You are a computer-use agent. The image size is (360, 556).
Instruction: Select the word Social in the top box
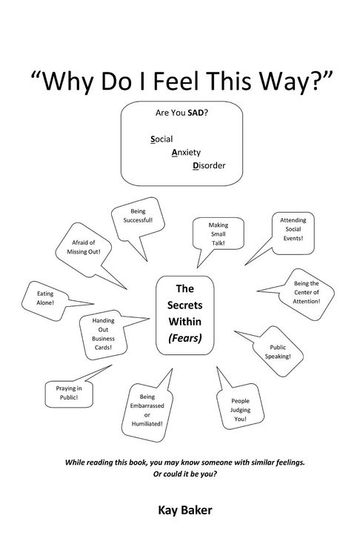(161, 139)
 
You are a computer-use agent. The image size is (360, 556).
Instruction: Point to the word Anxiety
(186, 153)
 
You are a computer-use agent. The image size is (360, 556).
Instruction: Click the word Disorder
(209, 165)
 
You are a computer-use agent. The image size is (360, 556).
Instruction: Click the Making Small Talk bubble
(219, 234)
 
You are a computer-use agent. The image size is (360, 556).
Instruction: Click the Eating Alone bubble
(45, 299)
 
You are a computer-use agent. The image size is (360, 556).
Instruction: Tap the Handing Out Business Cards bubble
(103, 334)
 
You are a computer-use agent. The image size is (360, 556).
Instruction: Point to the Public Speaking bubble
(278, 351)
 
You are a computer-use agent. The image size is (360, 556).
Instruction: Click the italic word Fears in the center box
(185, 338)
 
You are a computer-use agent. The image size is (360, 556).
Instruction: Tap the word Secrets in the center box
(185, 305)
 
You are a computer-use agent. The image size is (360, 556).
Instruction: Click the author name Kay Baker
(185, 511)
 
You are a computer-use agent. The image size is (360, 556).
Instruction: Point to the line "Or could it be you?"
(185, 474)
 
